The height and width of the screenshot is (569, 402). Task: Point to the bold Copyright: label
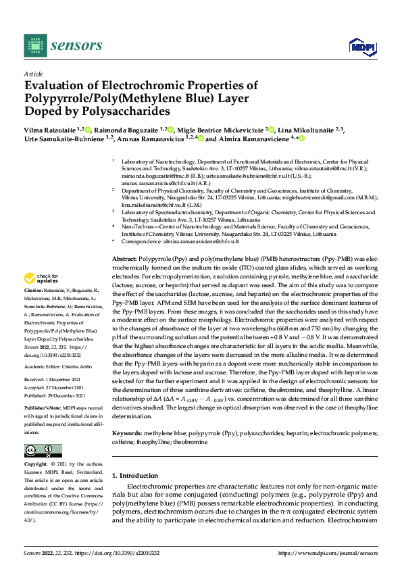pyautogui.click(x=36, y=465)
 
